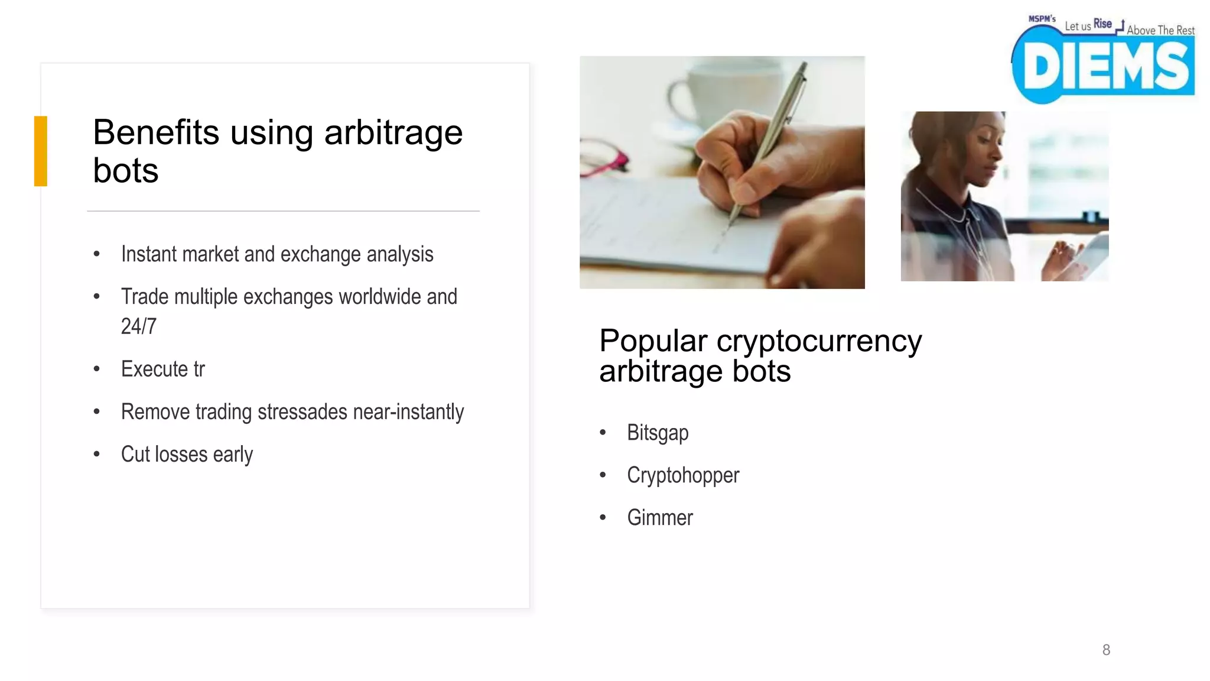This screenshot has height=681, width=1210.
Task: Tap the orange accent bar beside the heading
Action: tap(40, 151)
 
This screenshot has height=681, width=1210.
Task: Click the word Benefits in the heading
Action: tap(156, 132)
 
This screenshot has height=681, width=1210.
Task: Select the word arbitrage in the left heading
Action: tap(393, 132)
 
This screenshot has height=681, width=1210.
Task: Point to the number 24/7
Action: tap(139, 326)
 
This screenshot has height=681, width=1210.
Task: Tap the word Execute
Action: tap(154, 369)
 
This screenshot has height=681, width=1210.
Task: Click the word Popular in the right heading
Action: tap(653, 341)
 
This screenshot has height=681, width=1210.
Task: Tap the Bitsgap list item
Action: tap(658, 433)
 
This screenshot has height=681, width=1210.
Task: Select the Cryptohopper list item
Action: tap(683, 475)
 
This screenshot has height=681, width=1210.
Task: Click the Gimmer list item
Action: tap(660, 518)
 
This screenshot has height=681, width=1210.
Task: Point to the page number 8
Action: tap(1106, 650)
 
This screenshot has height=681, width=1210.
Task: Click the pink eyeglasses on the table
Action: tap(603, 160)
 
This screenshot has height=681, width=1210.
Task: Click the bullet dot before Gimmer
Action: tap(603, 518)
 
